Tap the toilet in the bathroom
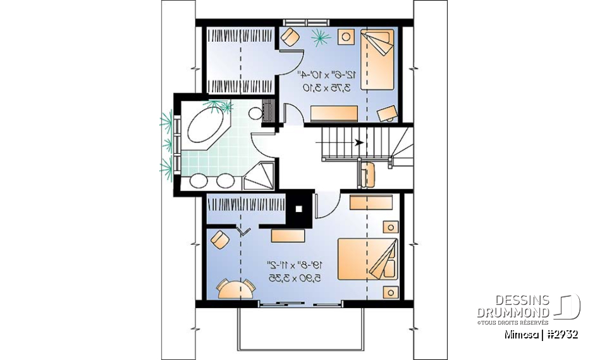coord(255,114)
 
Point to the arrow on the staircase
coord(359,142)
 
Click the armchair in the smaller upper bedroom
coord(290,37)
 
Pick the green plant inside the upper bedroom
coord(321,39)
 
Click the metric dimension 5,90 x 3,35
coord(293,276)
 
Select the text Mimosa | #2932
coord(541,335)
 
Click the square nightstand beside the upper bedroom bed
coord(346,37)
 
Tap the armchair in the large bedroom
coord(220,240)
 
